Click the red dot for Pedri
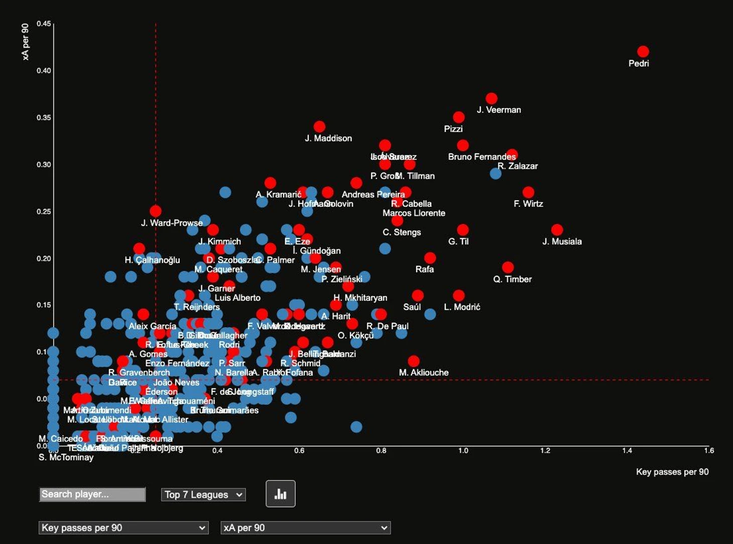click(643, 52)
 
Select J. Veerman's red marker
click(492, 98)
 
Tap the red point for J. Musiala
click(557, 230)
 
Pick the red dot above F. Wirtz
click(528, 192)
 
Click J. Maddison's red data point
click(319, 126)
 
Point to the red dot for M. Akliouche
click(414, 361)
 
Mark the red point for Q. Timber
click(508, 267)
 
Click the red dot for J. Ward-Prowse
click(156, 211)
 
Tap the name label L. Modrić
click(462, 307)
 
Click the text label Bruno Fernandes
click(481, 157)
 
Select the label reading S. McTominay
click(66, 457)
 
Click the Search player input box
click(92, 494)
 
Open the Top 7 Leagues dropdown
click(203, 495)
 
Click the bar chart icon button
click(280, 494)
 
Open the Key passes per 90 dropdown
click(124, 528)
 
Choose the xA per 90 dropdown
click(305, 528)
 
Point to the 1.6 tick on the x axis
click(708, 451)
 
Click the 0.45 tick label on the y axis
click(44, 24)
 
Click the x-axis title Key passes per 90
click(672, 472)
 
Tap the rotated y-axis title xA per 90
click(26, 42)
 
